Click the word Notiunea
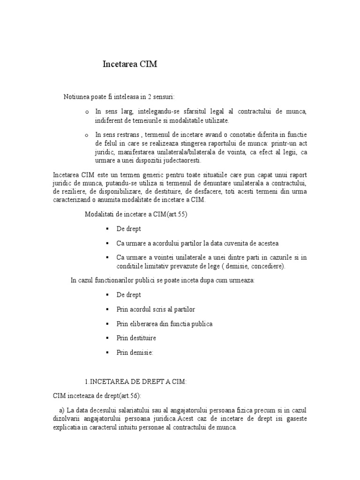[76, 97]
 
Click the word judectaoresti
[179, 160]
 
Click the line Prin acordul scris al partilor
[156, 309]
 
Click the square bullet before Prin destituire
[107, 338]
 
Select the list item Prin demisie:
[135, 352]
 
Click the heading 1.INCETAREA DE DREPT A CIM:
[135, 382]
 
